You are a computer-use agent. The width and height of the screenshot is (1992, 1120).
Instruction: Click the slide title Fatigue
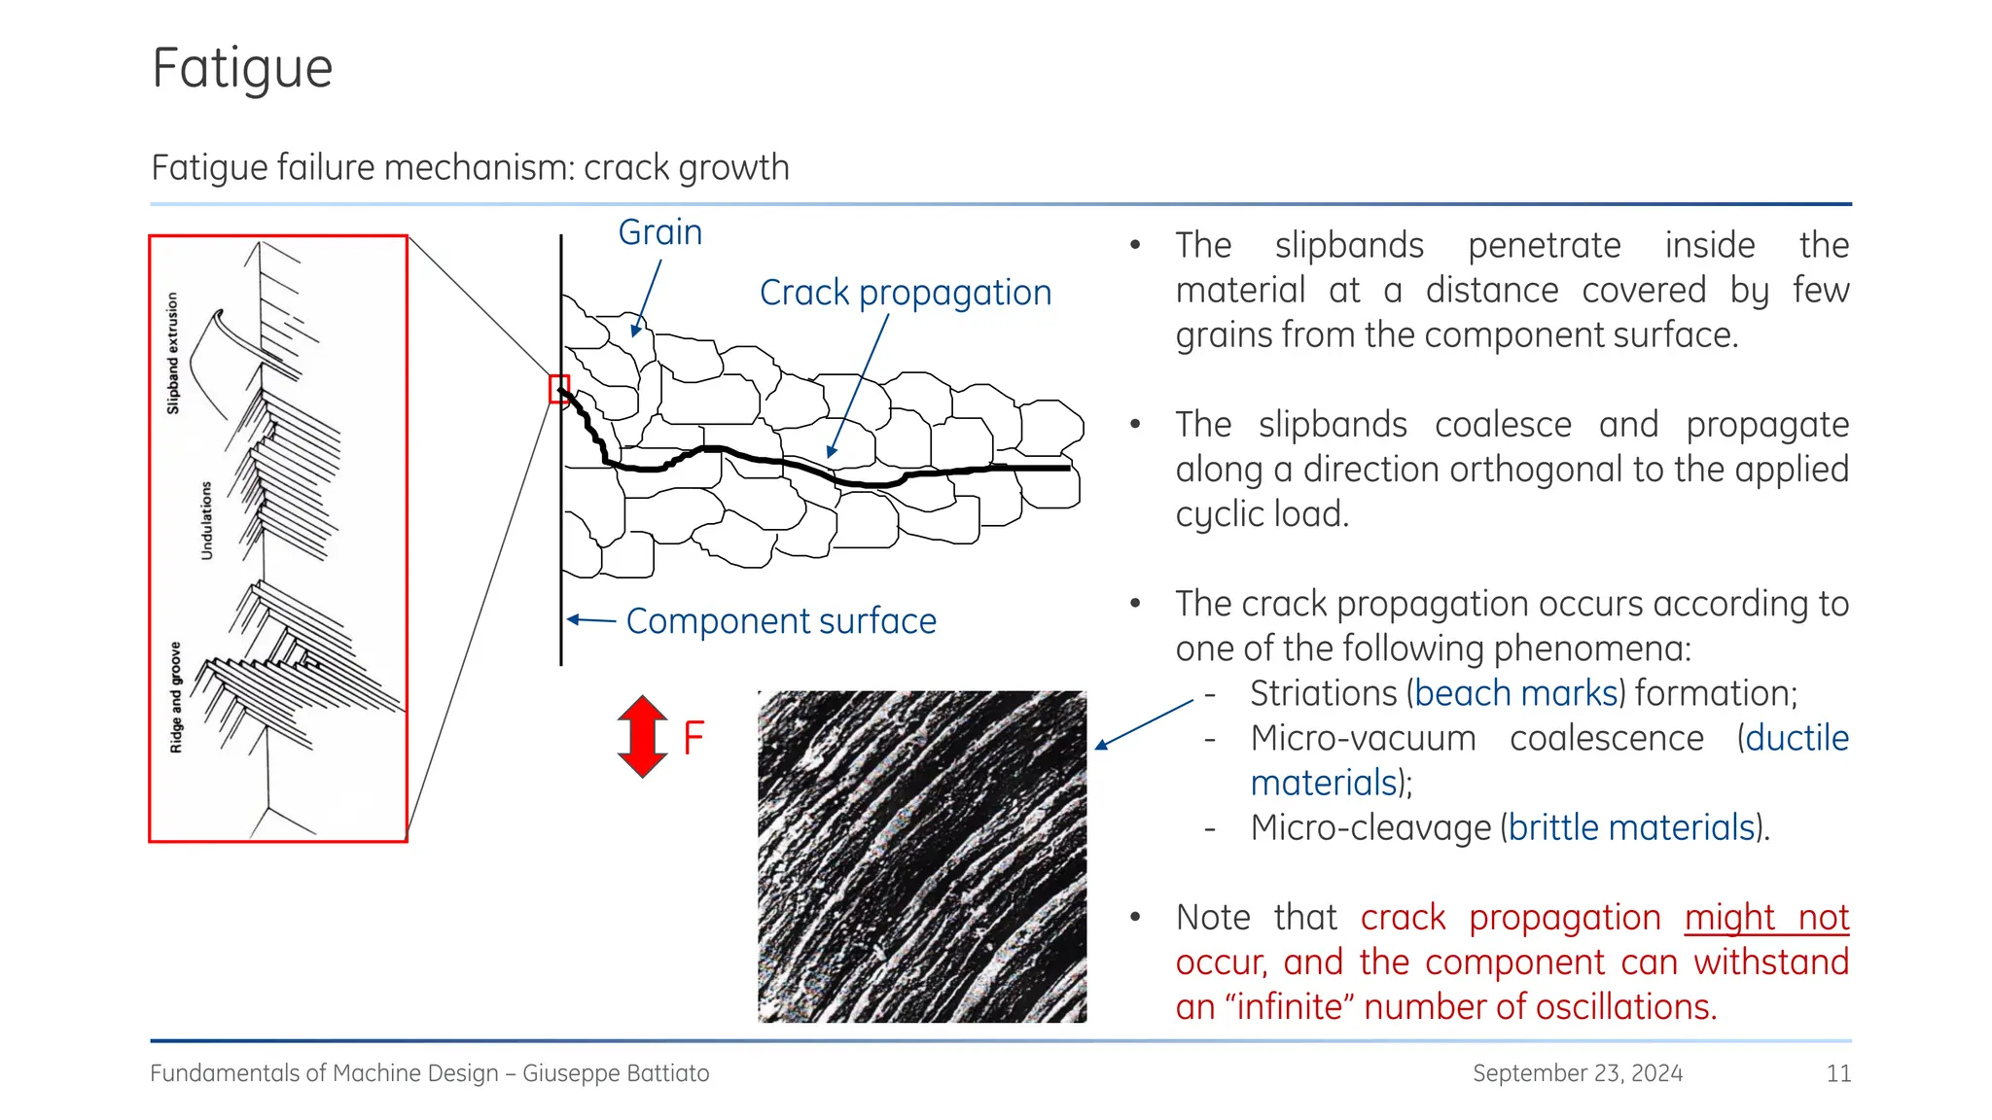[242, 69]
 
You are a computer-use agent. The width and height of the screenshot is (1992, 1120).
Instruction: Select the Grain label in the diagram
[659, 232]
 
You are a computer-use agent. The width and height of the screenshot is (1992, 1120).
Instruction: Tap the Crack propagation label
[905, 293]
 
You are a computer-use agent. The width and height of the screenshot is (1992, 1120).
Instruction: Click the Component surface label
[780, 621]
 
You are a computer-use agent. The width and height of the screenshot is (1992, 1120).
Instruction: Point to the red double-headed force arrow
[642, 736]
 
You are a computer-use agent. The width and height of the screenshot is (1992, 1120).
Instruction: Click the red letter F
[693, 738]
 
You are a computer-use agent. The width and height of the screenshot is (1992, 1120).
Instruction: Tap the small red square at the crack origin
[559, 389]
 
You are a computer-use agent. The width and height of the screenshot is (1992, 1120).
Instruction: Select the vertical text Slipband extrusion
[173, 354]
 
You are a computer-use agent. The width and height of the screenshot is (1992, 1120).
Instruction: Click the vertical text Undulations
[205, 520]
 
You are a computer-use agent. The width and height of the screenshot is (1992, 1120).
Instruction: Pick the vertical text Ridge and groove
[175, 697]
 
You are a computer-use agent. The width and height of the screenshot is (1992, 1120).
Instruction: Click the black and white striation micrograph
[921, 856]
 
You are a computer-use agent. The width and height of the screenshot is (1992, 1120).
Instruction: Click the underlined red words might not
[1765, 917]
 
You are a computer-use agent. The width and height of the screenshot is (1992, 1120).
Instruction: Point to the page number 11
[1837, 1073]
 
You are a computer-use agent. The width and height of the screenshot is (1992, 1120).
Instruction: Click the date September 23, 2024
[1577, 1073]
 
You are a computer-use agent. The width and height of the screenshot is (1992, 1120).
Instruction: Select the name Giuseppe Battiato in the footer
[616, 1073]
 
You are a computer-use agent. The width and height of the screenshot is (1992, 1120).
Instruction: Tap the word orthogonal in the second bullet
[1527, 470]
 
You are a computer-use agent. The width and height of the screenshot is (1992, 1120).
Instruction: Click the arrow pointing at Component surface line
[590, 619]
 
